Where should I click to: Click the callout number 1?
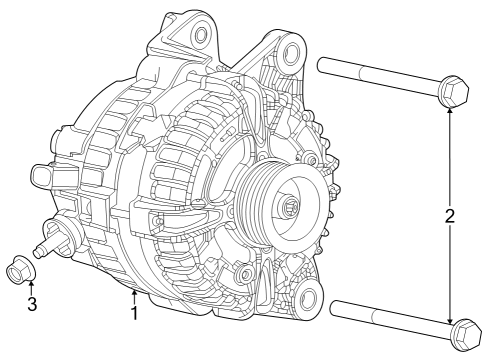click(x=133, y=313)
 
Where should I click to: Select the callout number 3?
click(x=32, y=303)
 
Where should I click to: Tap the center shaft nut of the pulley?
click(x=291, y=207)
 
